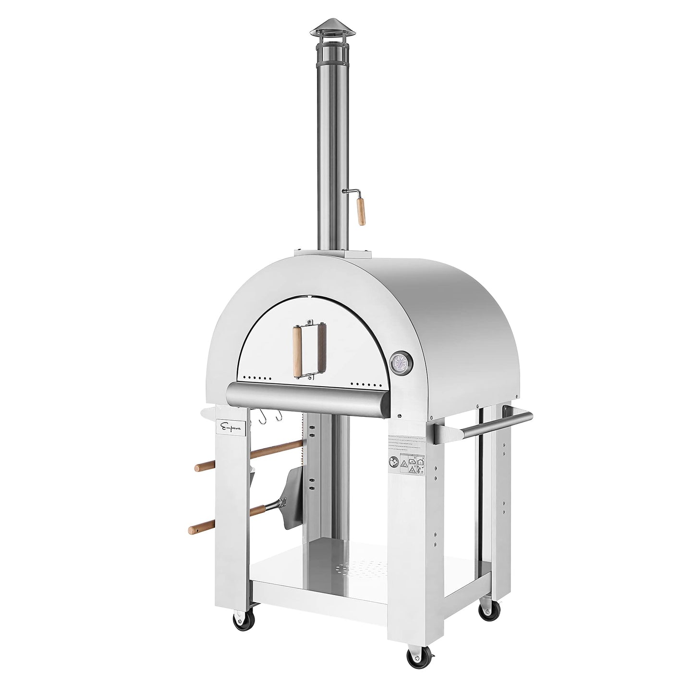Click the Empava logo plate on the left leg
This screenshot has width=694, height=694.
point(231,426)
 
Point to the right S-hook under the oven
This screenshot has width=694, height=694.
point(278,417)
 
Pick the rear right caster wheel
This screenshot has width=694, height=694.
point(489,610)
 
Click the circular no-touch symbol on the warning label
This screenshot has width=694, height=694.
point(393,463)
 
